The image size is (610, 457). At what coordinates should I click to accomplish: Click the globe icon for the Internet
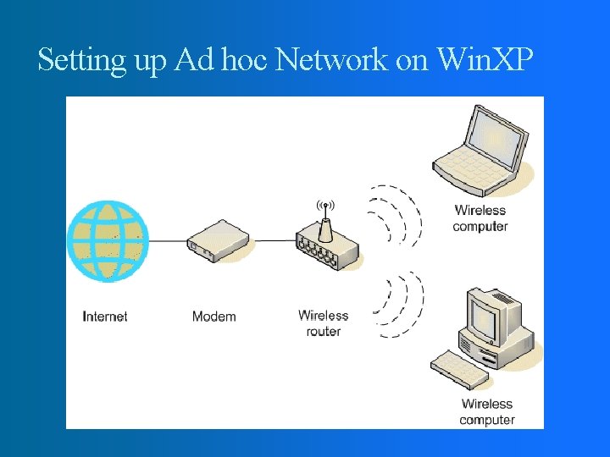(x=108, y=240)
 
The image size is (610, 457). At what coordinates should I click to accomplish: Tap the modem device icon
(x=219, y=240)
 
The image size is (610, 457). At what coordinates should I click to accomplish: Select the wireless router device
(x=327, y=248)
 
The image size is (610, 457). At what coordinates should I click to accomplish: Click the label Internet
(x=105, y=317)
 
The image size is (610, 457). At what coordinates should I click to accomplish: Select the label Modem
(x=213, y=317)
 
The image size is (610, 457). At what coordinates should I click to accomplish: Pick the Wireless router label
(x=324, y=323)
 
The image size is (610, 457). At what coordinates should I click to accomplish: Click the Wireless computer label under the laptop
(x=480, y=218)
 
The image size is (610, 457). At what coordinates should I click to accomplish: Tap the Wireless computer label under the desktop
(x=487, y=412)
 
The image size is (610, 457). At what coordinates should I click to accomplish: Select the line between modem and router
(x=273, y=240)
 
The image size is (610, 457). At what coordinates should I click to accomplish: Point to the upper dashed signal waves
(x=396, y=213)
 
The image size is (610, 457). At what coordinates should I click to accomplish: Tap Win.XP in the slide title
(x=484, y=60)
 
